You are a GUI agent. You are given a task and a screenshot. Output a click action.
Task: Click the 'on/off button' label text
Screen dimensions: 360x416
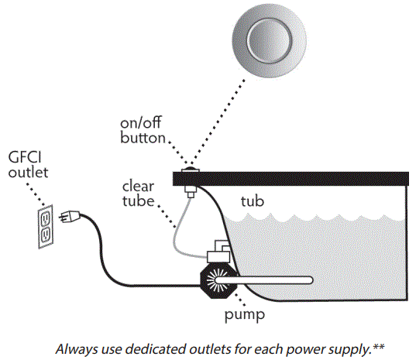tap(143, 132)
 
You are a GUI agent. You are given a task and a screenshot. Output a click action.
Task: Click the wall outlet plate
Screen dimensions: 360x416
tap(45, 228)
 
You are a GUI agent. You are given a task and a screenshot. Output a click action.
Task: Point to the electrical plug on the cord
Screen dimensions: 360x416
tap(70, 218)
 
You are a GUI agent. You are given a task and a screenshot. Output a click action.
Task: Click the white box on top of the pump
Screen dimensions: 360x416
tap(220, 252)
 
